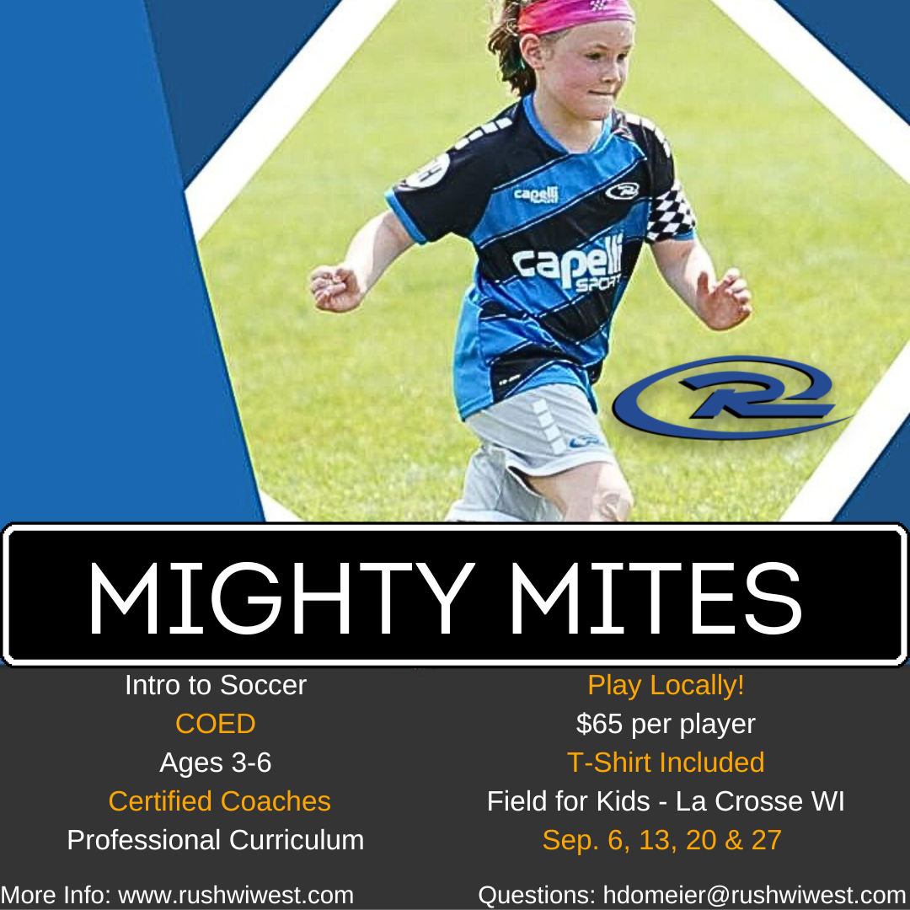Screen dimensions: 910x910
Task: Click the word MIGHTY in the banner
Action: coord(278,596)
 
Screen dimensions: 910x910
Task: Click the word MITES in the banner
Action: coord(655,596)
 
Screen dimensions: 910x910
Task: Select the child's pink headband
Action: coord(575,14)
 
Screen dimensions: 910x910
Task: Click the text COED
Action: coord(215,724)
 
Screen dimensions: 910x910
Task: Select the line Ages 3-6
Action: coord(215,763)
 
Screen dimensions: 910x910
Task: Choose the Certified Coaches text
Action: coord(219,801)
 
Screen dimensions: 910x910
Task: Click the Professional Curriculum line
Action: coord(215,840)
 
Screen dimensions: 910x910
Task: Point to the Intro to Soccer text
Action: coord(215,685)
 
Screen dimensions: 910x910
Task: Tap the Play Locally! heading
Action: coord(666,685)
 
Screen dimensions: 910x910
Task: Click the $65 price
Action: coord(600,724)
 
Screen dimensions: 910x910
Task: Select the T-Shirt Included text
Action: coord(666,763)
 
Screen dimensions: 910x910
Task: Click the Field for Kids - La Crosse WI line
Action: coord(666,801)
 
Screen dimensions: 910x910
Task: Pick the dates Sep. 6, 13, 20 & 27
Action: coord(662,840)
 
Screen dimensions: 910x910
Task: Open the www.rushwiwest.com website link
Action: coord(236,895)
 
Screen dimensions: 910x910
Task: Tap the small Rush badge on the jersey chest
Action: coord(622,191)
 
